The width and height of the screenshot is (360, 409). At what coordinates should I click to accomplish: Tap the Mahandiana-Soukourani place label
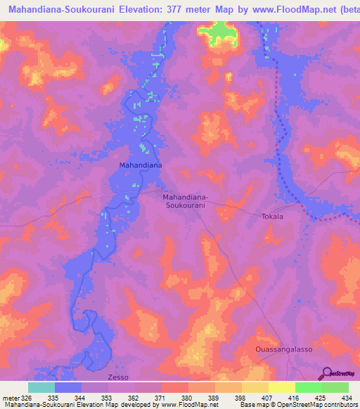(185, 202)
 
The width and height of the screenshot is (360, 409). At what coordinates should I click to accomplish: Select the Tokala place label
(272, 216)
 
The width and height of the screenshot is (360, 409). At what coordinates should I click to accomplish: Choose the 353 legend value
(108, 397)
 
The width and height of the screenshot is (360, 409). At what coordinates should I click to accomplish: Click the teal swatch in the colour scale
(41, 387)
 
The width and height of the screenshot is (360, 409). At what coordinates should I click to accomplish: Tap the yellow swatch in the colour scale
(281, 387)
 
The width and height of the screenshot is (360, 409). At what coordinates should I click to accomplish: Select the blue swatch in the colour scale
(68, 387)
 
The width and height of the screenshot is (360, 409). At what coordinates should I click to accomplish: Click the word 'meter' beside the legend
(10, 397)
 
